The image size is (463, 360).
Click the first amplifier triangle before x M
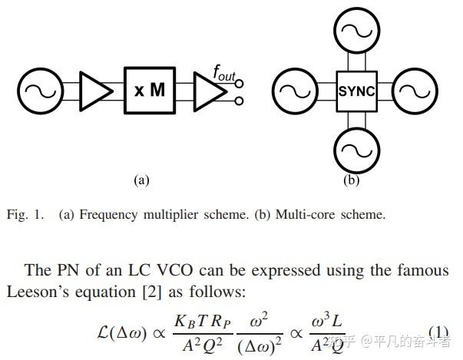(94, 91)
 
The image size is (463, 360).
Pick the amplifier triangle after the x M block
(206, 91)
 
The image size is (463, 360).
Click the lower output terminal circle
(240, 101)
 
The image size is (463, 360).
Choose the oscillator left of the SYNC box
(293, 91)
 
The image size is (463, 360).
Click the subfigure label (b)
(351, 180)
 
